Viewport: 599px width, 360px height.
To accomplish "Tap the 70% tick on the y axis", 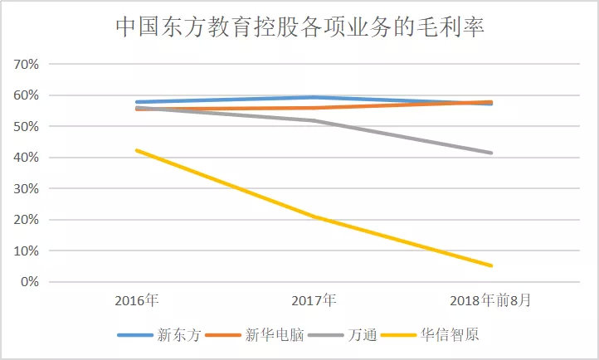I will click(x=26, y=65).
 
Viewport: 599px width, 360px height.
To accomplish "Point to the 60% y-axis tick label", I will click(x=26, y=95).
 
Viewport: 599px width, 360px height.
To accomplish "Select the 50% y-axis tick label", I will click(x=26, y=127).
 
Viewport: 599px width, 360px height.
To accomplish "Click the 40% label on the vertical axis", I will click(x=26, y=158).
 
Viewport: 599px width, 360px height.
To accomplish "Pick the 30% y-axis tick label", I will click(x=26, y=189).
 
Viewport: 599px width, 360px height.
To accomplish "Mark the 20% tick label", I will click(x=26, y=220).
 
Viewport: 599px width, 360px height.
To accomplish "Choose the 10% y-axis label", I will click(x=26, y=251).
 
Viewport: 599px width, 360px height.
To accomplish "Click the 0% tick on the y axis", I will click(x=29, y=282).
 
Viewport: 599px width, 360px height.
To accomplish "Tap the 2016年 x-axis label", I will click(x=137, y=299).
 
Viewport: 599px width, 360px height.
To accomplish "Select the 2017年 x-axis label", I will click(x=314, y=299).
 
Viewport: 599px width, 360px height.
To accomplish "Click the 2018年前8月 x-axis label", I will click(x=491, y=299).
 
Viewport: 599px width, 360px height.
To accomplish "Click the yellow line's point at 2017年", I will click(x=314, y=216).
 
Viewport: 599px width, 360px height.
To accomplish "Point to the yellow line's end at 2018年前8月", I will click(x=492, y=265).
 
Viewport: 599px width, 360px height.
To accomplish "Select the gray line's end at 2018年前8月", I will click(x=492, y=153).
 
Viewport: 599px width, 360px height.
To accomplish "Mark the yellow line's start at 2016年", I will click(x=137, y=150).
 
